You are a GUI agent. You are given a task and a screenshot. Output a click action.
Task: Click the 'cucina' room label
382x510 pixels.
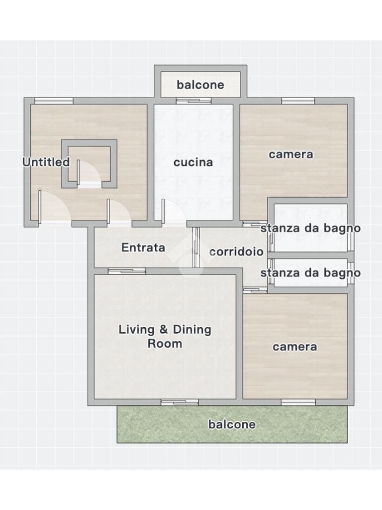click(x=193, y=162)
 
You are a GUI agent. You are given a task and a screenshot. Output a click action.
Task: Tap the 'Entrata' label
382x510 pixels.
click(x=143, y=248)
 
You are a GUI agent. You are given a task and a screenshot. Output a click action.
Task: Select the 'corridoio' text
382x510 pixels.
click(x=236, y=252)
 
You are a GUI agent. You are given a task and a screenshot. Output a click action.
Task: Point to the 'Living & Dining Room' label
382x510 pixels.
click(x=165, y=336)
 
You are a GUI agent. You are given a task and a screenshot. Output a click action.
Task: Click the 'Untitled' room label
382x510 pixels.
click(x=46, y=162)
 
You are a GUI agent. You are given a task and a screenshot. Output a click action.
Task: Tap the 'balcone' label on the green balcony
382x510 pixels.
click(x=232, y=424)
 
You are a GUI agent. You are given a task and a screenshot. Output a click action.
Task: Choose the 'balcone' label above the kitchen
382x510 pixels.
click(x=200, y=85)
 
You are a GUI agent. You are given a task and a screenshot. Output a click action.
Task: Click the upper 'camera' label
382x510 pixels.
click(x=290, y=154)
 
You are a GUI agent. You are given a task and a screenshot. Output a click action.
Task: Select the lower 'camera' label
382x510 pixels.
click(x=294, y=347)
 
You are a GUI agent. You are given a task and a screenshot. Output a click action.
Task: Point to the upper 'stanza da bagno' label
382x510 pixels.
click(x=310, y=228)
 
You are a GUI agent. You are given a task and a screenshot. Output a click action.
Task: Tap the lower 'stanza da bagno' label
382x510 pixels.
click(x=310, y=273)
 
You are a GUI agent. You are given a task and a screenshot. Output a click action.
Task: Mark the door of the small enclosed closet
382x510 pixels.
click(x=90, y=174)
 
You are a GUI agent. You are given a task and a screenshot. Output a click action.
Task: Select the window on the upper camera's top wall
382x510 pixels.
click(x=298, y=101)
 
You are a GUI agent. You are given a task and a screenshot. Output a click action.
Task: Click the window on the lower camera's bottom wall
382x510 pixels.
click(x=298, y=402)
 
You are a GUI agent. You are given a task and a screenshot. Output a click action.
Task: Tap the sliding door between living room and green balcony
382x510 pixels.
click(x=180, y=402)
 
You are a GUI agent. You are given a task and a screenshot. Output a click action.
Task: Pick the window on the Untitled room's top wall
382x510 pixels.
click(x=54, y=101)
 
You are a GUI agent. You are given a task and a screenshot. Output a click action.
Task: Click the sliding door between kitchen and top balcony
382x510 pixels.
click(x=193, y=101)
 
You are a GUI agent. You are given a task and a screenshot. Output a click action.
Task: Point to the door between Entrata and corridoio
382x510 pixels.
click(x=195, y=248)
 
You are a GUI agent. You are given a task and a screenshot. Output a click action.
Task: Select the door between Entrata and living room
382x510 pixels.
click(x=127, y=271)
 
